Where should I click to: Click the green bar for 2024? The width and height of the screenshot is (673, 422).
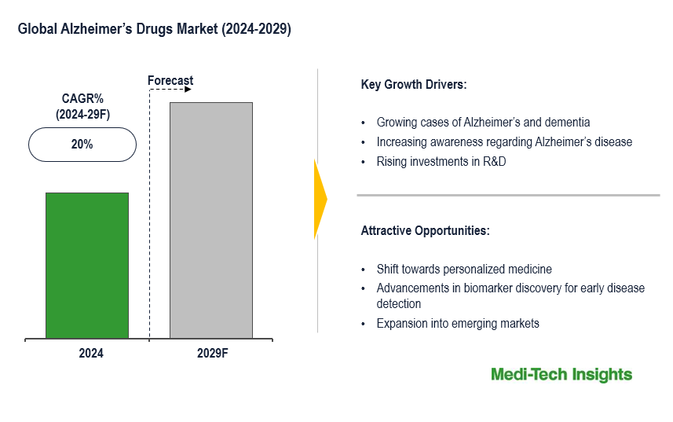(x=86, y=266)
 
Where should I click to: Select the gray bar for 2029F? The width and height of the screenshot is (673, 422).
(x=211, y=220)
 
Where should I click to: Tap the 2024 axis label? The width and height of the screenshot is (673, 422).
(x=91, y=354)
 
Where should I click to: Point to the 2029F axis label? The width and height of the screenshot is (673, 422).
(x=212, y=354)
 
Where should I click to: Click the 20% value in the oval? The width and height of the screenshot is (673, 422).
(x=82, y=145)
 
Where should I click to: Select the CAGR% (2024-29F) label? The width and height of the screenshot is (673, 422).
(x=83, y=107)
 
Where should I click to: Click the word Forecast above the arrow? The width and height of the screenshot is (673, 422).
(x=170, y=81)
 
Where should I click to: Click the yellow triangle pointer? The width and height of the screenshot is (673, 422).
(x=320, y=199)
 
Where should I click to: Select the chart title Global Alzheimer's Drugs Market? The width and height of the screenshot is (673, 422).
(x=155, y=30)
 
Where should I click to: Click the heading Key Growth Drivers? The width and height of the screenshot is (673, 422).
(x=414, y=85)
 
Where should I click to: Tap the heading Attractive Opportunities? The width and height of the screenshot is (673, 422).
(x=425, y=231)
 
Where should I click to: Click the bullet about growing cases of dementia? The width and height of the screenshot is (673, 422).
(x=483, y=123)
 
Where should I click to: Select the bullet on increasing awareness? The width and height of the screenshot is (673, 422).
(x=504, y=142)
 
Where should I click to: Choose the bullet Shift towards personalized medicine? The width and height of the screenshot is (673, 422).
(x=464, y=270)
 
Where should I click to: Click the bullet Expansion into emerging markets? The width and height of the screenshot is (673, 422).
(x=458, y=324)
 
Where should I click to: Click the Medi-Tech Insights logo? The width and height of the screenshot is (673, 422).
(x=561, y=375)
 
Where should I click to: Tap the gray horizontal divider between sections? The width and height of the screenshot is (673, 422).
(x=508, y=195)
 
